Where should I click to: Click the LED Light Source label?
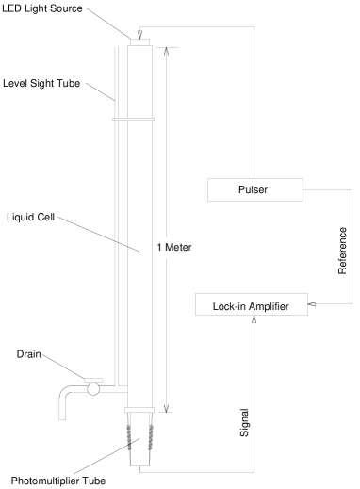pos(43,8)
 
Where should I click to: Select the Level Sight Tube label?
pos(43,83)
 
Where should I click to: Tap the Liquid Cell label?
pos(31,217)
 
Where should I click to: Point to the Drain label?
pos(29,354)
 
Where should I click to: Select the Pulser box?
pos(254,189)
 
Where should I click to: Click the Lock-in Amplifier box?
pos(251,305)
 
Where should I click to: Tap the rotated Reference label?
pos(343,250)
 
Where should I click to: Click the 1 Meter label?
pos(173,247)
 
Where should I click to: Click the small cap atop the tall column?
pos(139,41)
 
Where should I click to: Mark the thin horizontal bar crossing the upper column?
pos(133,120)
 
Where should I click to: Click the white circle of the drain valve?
pos(92,389)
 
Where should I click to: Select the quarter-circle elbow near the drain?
pos(67,393)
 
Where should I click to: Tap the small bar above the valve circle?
pos(92,379)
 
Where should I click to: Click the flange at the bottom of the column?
pos(139,409)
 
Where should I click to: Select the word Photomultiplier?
pos(45,481)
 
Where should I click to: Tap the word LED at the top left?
pos(10,8)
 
